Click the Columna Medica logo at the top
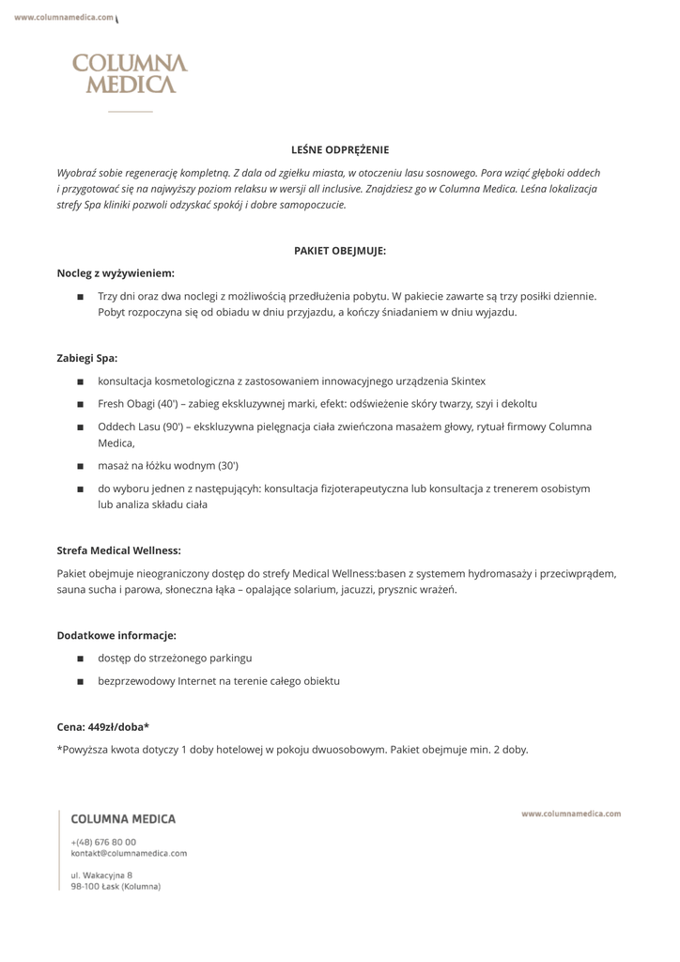(x=130, y=74)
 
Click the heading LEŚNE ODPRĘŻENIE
(x=340, y=150)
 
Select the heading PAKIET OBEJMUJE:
(x=340, y=251)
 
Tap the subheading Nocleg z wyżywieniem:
(x=116, y=273)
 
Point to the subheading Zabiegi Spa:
(x=87, y=358)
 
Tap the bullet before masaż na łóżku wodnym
(x=81, y=466)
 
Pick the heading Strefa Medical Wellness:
(x=119, y=551)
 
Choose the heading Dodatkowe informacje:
(x=116, y=636)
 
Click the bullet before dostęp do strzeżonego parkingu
(x=81, y=659)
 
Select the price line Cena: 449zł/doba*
(x=103, y=727)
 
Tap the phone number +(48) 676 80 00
(x=103, y=842)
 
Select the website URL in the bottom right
(x=571, y=814)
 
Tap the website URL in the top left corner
(x=64, y=17)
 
